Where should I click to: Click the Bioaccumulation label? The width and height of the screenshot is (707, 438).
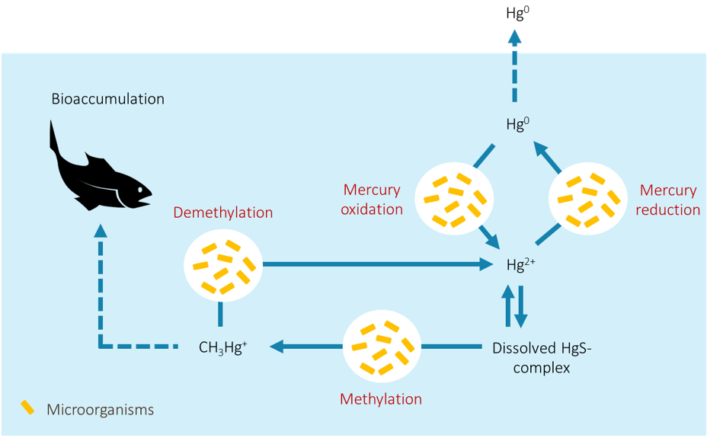107,99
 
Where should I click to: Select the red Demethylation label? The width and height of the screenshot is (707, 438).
223,213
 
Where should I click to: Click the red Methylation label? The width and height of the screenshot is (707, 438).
381,399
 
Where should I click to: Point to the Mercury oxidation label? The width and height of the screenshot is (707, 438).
372,200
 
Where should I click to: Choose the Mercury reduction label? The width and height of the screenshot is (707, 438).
668,200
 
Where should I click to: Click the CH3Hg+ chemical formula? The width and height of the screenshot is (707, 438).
222,347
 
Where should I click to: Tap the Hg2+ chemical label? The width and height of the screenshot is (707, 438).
521,264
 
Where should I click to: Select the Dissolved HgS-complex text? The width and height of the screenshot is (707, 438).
542,358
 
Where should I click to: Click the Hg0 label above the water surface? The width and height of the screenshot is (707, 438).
517,13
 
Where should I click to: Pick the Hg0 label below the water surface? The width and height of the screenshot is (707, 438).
517,123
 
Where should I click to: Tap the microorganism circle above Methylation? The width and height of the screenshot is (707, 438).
382,347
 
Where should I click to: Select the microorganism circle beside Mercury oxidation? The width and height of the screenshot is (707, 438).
454,199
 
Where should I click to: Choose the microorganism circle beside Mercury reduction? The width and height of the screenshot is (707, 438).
588,199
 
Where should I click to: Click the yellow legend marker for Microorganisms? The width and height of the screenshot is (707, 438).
27,408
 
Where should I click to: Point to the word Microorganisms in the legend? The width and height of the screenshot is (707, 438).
100,410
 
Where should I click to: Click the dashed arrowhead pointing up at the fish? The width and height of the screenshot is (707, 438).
100,231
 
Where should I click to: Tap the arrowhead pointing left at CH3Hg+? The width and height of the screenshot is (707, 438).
277,347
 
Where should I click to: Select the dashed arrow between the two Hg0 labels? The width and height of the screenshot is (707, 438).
514,66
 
